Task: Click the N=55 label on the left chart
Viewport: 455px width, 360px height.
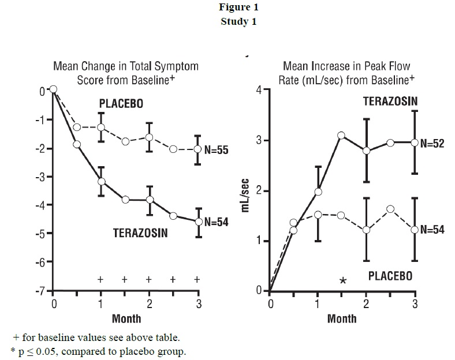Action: tap(217, 150)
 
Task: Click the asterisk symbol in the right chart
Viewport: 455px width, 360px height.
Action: tap(343, 280)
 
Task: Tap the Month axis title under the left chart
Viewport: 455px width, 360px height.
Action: tap(126, 318)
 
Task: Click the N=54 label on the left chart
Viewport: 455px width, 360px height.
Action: tap(217, 222)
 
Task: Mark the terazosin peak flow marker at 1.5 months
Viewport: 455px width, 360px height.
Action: tap(341, 136)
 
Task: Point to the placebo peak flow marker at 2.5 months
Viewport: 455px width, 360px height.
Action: tap(390, 209)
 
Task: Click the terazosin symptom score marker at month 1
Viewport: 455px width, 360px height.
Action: tap(102, 181)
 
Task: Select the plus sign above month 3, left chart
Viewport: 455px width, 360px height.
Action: tap(197, 279)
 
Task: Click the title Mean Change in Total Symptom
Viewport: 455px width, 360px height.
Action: tap(126, 66)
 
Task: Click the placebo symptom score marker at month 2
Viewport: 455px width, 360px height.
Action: tap(150, 137)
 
